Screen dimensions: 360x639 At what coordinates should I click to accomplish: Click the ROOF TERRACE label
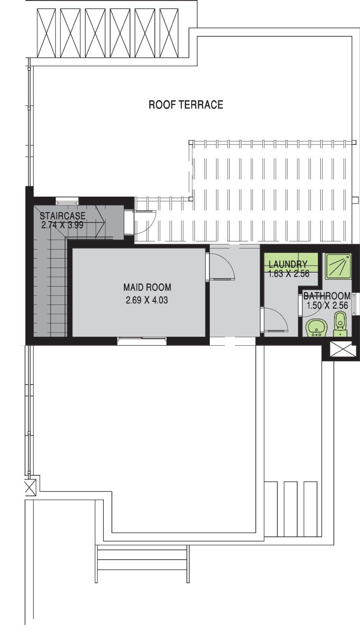click(186, 105)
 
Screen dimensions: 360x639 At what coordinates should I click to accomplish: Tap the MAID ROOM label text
click(147, 287)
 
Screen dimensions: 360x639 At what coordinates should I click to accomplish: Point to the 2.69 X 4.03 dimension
click(147, 300)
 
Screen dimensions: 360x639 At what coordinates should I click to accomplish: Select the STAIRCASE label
click(62, 216)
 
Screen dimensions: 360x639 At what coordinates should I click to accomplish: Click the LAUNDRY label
click(288, 264)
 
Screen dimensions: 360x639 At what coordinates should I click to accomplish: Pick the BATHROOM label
click(327, 296)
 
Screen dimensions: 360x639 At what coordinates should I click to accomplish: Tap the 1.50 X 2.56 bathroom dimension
click(327, 306)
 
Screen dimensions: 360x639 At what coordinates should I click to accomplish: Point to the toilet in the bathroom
click(340, 324)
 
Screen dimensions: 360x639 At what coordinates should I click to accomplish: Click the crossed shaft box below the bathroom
click(343, 351)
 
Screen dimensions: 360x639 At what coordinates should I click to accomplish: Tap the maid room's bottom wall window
click(142, 341)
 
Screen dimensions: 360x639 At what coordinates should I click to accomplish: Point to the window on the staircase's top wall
click(67, 201)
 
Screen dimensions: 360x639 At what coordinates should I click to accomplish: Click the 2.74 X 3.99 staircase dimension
click(62, 225)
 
